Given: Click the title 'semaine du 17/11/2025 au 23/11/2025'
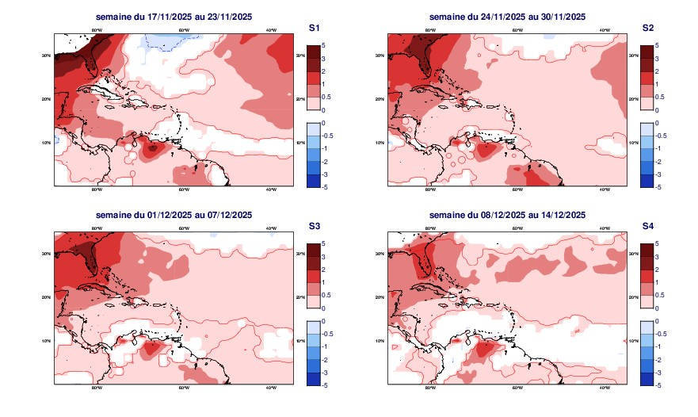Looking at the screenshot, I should click(x=174, y=17).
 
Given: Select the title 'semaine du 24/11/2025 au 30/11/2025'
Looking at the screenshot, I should click(x=507, y=17).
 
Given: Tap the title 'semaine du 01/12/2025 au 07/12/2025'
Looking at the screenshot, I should click(x=174, y=215).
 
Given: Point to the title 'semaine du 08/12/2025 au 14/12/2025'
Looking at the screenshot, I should click(x=507, y=215).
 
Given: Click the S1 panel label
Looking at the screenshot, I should click(x=315, y=28).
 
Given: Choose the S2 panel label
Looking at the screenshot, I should click(x=648, y=28).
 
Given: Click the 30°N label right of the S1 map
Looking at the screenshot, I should click(x=299, y=56).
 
